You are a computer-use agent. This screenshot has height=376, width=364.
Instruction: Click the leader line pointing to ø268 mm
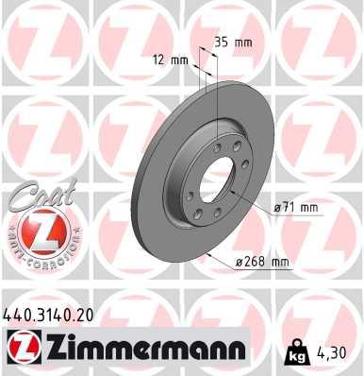point(223,255)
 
